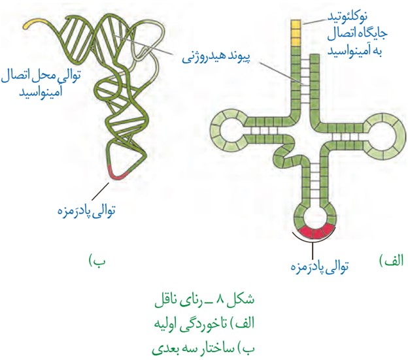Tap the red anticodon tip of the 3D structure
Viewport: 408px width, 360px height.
(x=118, y=174)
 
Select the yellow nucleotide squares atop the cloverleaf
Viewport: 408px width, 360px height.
(x=296, y=33)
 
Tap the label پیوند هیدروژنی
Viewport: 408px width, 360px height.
(x=216, y=58)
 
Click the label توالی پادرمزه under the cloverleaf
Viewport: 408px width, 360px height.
(x=320, y=266)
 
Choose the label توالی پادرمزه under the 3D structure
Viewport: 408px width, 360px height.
(x=86, y=210)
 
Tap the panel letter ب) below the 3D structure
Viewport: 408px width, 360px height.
(x=97, y=261)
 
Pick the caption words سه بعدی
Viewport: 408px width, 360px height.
(x=169, y=348)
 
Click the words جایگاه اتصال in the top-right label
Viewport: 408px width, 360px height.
(x=357, y=34)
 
